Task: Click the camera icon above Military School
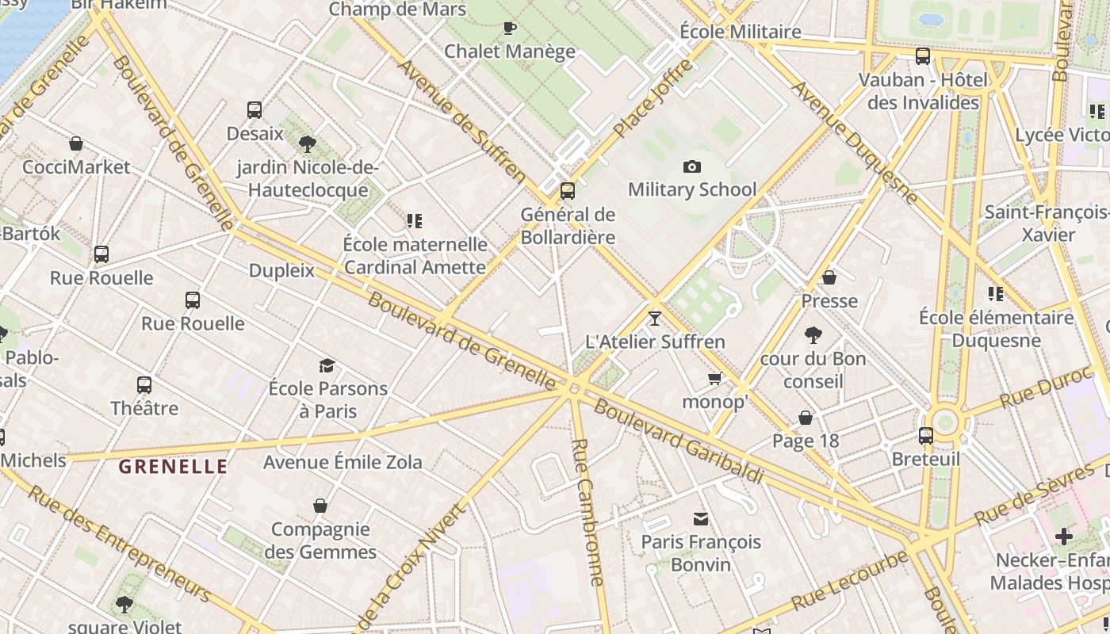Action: pos(691,166)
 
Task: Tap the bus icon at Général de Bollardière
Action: pos(567,191)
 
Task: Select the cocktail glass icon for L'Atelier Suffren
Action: pos(654,319)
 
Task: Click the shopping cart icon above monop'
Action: pos(714,379)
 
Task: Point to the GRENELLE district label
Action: pos(173,467)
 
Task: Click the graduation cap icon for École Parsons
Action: pos(327,365)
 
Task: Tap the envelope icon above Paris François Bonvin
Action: pos(701,519)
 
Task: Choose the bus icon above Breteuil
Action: pos(925,436)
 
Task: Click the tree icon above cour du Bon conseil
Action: pos(813,335)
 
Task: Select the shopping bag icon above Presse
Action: pos(829,277)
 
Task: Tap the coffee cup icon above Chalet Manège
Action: pos(510,29)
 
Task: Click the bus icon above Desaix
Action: pos(255,110)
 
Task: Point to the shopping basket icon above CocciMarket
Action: pos(76,143)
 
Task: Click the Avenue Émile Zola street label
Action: pos(343,462)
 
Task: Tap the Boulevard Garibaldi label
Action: pos(678,441)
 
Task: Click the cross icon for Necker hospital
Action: pos(1063,537)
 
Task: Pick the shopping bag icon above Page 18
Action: pos(806,418)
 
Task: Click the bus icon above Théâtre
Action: pos(144,385)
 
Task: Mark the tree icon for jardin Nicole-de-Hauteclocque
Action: pos(308,144)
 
